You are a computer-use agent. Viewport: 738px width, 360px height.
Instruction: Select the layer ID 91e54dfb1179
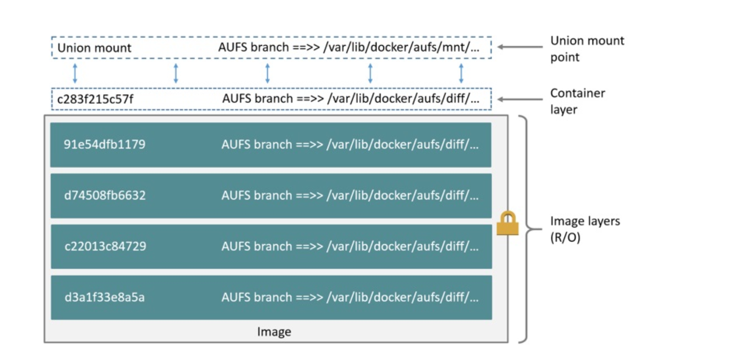coord(104,144)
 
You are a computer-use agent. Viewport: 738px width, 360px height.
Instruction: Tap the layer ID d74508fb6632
coord(105,195)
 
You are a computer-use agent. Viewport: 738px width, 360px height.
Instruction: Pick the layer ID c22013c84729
coord(105,246)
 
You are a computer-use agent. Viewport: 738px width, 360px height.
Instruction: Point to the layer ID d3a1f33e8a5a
coord(104,297)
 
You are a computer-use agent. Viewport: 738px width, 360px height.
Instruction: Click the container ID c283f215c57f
coord(95,99)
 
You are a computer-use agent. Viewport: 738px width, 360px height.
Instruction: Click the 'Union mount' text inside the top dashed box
coord(94,48)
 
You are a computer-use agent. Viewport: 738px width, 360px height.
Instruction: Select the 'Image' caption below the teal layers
coord(274,332)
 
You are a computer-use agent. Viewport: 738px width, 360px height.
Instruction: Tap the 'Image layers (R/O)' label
coord(585,229)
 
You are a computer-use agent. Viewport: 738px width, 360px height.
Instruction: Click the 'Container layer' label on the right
coord(577,101)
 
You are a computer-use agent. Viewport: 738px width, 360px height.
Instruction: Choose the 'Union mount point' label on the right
coord(587,48)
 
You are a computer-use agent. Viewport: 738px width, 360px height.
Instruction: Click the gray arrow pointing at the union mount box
coord(520,47)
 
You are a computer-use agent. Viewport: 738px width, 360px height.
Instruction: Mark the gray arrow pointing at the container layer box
coord(520,99)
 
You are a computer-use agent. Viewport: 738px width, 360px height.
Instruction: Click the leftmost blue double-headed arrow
coord(75,73)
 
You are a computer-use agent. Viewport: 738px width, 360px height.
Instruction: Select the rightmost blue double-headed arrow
coord(461,73)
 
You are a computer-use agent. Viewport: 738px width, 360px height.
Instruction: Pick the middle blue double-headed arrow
coord(267,73)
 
